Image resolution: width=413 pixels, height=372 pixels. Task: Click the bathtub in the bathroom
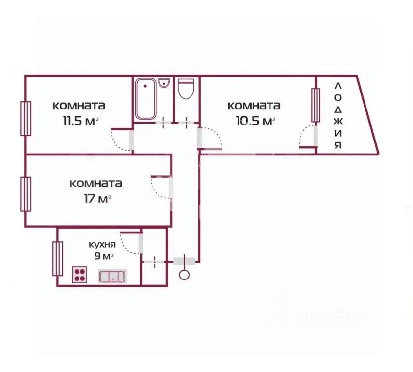[x=145, y=99]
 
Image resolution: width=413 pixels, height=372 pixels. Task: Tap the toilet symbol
[x=186, y=89]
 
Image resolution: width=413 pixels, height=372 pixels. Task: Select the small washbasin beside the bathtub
[x=164, y=83]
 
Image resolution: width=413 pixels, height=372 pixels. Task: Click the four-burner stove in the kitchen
[x=79, y=275]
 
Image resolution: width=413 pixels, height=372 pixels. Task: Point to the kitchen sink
[x=112, y=276]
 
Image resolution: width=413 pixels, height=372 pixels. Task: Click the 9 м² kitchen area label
[x=104, y=256]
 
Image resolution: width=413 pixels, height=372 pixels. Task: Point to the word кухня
[x=102, y=245]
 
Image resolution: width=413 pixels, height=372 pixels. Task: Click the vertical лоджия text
[x=338, y=116]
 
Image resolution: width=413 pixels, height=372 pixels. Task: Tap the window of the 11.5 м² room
[x=26, y=119]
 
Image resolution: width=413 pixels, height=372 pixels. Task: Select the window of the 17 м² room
[x=26, y=194]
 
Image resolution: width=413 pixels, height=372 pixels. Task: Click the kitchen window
[x=58, y=259]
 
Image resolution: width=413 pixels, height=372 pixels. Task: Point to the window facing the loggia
[x=316, y=105]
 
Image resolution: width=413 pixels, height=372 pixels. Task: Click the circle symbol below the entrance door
[x=184, y=275]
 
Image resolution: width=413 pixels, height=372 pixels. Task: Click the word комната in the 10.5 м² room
[x=254, y=106]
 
